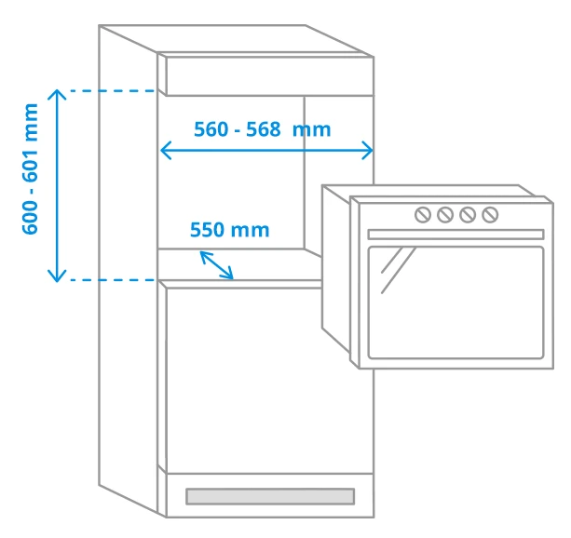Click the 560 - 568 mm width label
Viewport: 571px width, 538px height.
[262, 129]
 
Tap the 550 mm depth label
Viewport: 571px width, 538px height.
[230, 230]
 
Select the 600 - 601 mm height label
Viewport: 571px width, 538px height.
[31, 168]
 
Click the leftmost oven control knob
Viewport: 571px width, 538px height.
[423, 215]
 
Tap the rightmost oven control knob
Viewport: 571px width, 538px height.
[490, 215]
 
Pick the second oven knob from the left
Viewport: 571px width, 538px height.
[445, 215]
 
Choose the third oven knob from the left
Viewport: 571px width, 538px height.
[468, 215]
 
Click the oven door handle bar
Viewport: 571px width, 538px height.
[455, 235]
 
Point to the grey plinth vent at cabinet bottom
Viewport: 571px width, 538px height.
[270, 496]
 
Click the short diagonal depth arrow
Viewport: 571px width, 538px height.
[217, 265]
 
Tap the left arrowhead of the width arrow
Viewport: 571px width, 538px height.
[166, 151]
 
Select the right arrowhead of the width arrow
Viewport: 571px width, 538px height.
[367, 151]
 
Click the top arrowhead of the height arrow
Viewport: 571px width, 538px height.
[57, 94]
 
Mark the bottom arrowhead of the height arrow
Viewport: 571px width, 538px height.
[57, 276]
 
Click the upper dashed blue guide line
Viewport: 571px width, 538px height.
[113, 90]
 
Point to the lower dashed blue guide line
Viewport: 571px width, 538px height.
[113, 280]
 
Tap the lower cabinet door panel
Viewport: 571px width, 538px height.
[270, 381]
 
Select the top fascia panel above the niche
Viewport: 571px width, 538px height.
[270, 75]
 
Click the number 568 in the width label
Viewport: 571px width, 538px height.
[263, 129]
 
